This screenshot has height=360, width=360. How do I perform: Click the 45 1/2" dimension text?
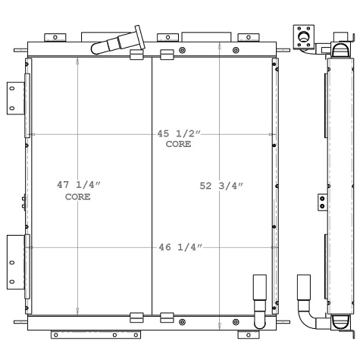(x=179, y=133)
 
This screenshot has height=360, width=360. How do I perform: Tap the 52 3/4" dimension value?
(x=221, y=185)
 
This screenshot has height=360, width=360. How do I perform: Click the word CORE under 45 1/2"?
(x=179, y=144)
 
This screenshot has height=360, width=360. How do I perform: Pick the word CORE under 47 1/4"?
(x=78, y=196)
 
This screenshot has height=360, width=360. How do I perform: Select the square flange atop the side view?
(x=304, y=35)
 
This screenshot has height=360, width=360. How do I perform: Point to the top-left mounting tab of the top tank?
(x=56, y=36)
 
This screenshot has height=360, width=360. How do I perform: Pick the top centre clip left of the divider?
(x=136, y=55)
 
